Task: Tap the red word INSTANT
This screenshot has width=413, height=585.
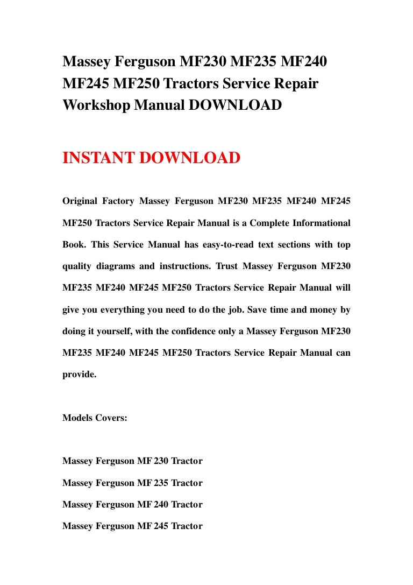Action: click(x=97, y=158)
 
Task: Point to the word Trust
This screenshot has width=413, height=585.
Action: click(x=226, y=266)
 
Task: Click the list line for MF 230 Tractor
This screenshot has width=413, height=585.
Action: click(x=132, y=461)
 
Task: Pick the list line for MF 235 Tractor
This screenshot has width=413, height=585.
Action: click(x=132, y=483)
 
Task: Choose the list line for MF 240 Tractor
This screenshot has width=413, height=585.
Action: click(x=132, y=504)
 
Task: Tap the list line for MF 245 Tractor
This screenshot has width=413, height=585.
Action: click(x=132, y=526)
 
